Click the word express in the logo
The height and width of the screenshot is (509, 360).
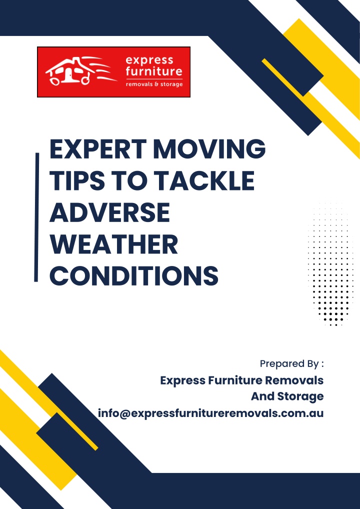point(149,60)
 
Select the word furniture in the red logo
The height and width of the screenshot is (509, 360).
point(154,71)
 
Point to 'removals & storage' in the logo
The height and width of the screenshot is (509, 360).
point(154,84)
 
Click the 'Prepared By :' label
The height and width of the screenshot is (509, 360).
point(292,364)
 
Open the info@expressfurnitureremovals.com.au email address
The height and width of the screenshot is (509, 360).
point(210,413)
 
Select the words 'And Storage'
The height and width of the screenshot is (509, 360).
point(287,396)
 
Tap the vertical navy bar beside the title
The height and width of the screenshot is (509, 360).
point(36,217)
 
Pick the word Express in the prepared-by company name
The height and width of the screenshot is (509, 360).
point(181,380)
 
